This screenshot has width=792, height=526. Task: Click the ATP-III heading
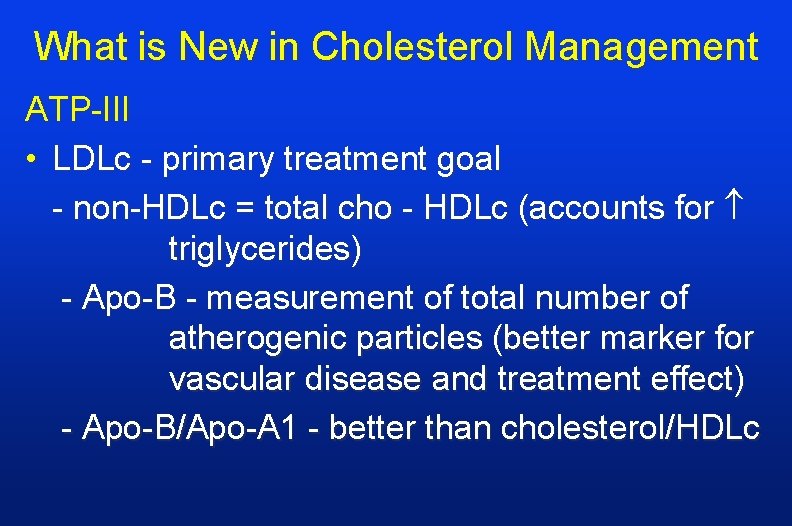(77, 110)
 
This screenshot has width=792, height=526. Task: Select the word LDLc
(94, 158)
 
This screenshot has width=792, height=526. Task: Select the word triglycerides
(265, 249)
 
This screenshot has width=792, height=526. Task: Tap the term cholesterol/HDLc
(630, 428)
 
